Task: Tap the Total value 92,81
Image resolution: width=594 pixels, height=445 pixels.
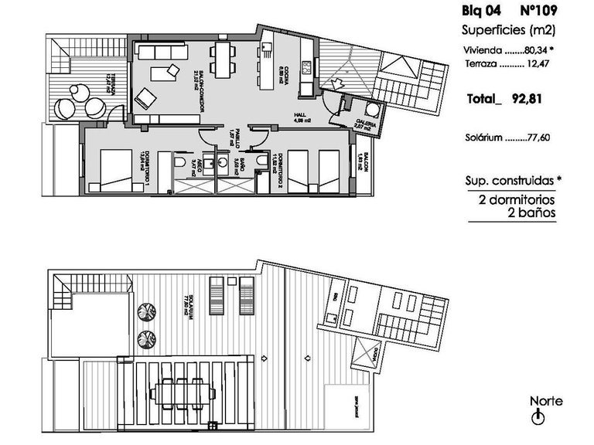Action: pos(534,99)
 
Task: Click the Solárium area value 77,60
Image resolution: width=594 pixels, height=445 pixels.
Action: pos(546,139)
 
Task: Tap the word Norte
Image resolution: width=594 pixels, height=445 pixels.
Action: pos(546,401)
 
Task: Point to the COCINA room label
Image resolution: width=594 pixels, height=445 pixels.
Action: pos(285,78)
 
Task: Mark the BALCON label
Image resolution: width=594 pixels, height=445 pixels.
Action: pos(364,164)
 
